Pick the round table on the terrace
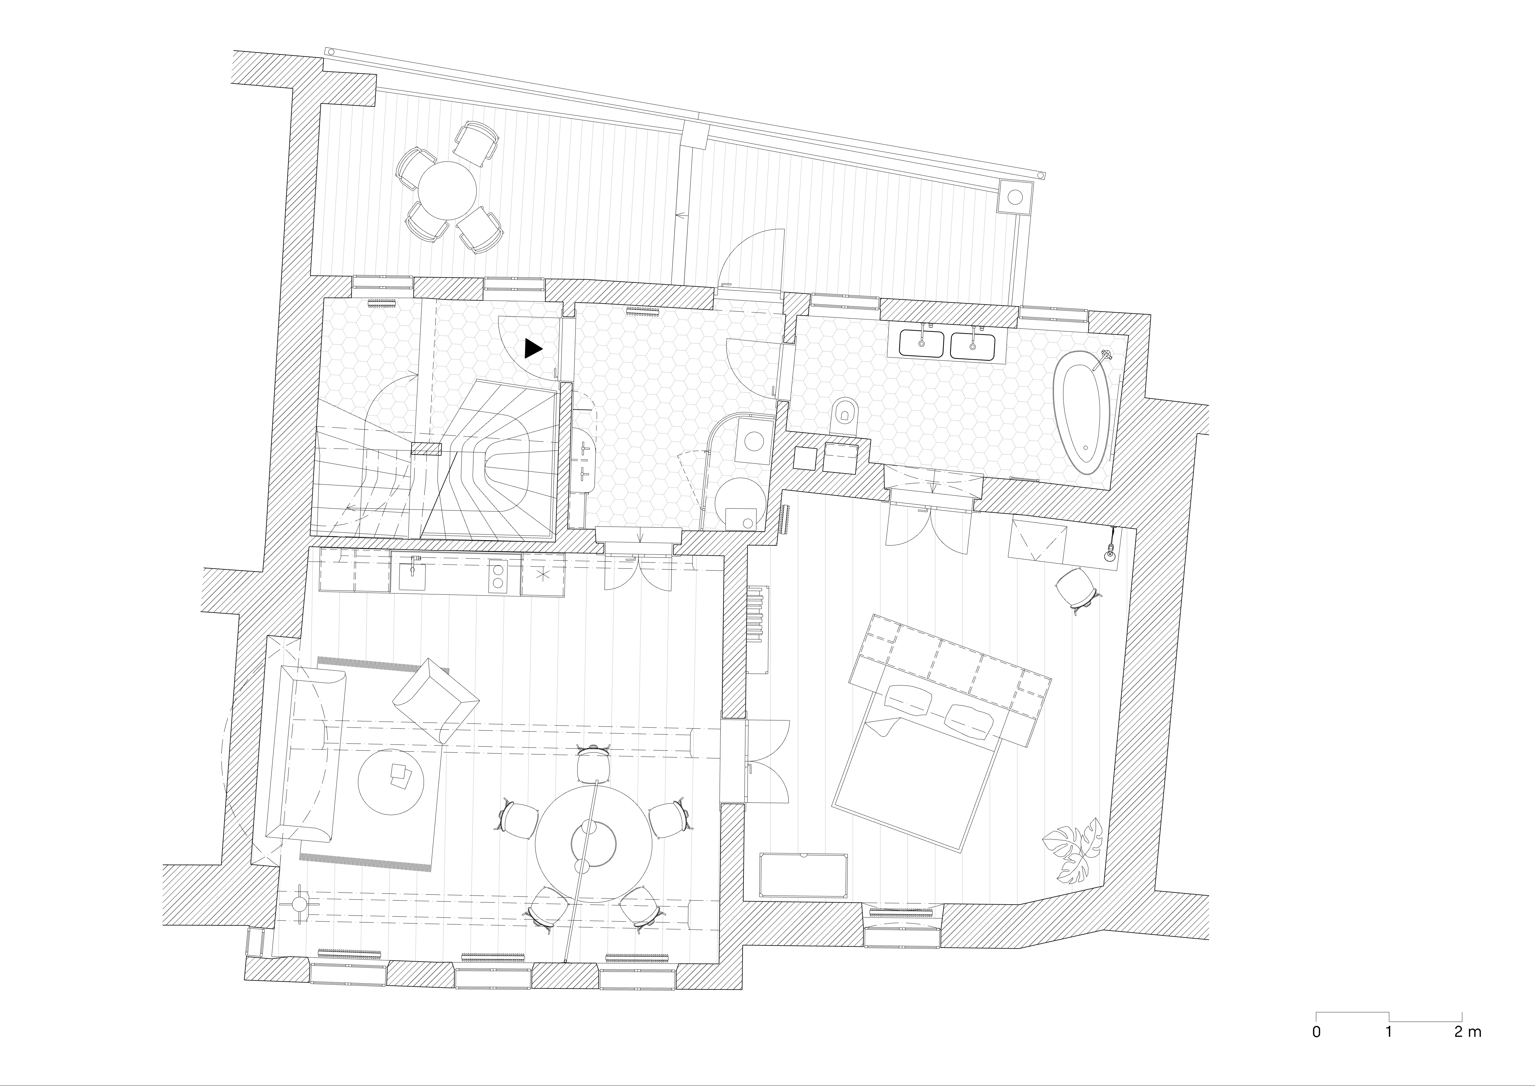446,190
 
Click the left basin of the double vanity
921,344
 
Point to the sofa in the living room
305,752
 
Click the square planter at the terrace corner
1015,197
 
